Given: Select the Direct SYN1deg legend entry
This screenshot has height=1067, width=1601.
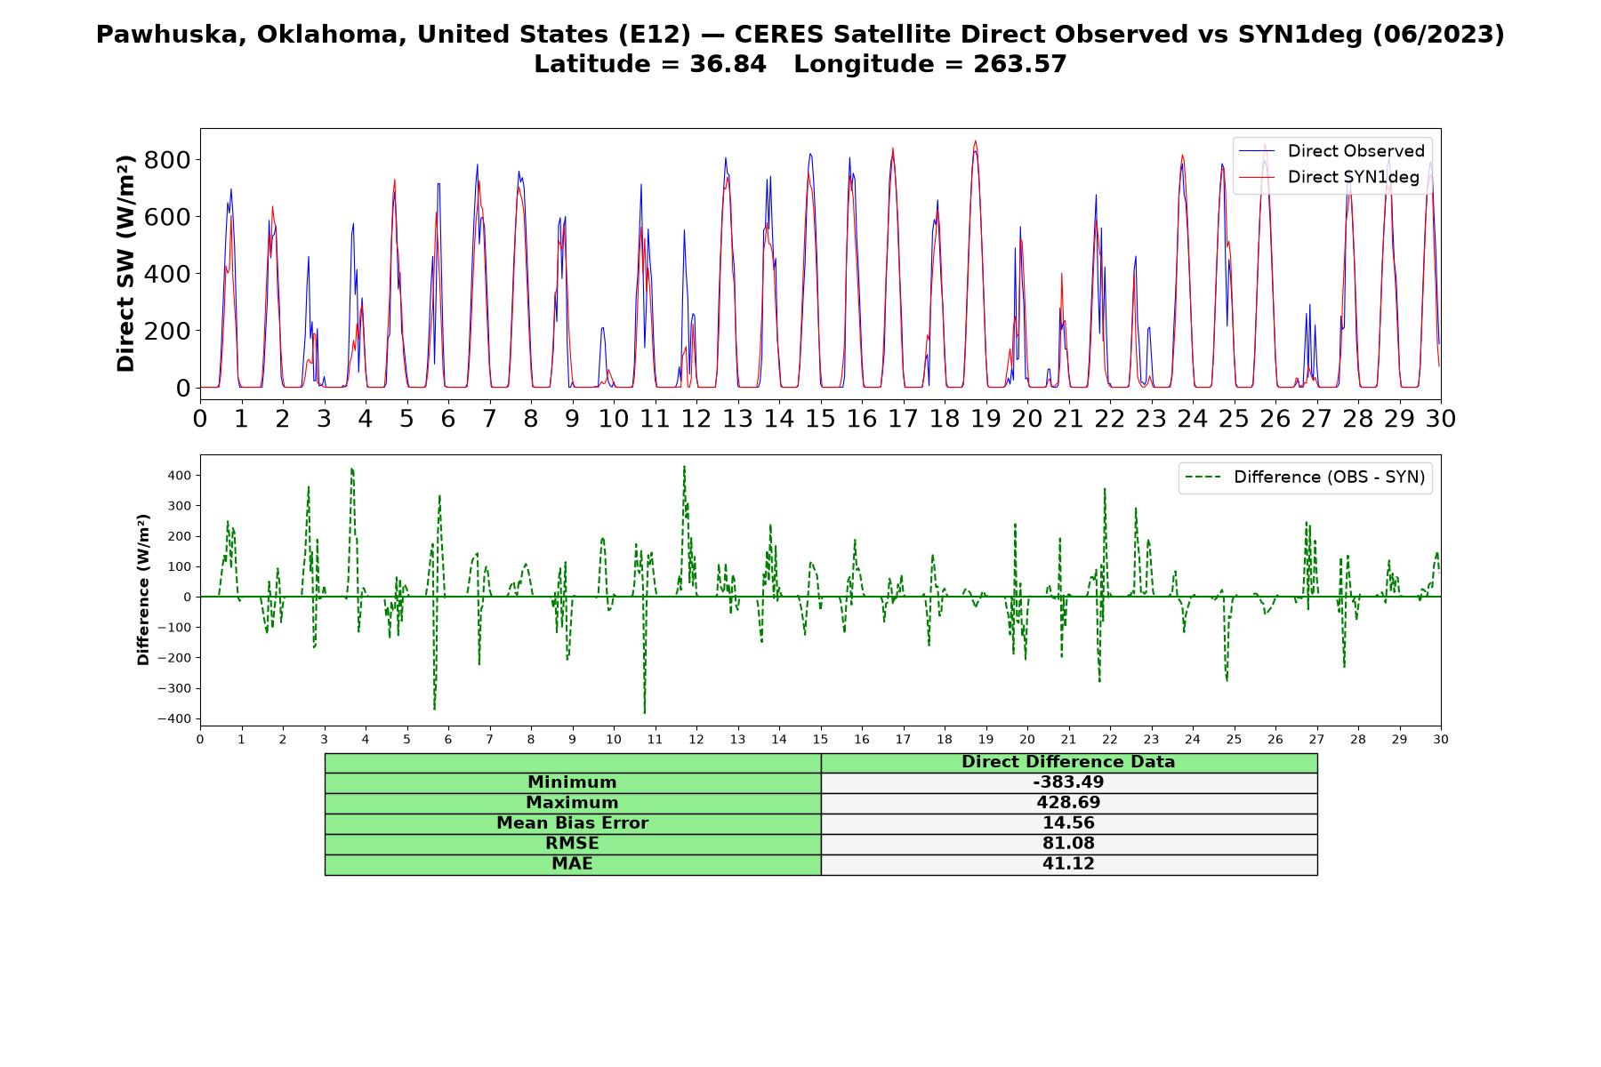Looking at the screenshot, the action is point(1329,177).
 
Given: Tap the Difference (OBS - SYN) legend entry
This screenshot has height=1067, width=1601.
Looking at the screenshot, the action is point(1306,477).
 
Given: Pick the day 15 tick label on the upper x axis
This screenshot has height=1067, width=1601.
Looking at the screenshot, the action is point(820,418).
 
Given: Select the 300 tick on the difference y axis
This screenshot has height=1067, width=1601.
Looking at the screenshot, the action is point(180,506).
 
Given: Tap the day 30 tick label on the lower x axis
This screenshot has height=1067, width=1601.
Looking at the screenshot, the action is point(1441,740).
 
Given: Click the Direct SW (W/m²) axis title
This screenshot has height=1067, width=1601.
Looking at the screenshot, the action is point(125,263).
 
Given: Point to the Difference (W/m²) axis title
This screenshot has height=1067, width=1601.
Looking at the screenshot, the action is point(143,590).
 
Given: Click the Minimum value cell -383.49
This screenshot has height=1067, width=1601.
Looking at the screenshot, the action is point(1068,782).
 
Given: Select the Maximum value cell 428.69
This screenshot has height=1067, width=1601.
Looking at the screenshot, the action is point(1068,803).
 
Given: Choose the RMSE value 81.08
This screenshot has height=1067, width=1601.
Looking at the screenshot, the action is point(1068,844).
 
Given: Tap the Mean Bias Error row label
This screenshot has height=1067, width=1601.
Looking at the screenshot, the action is point(572,823).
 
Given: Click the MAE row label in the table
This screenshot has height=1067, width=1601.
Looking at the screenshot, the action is point(572,864).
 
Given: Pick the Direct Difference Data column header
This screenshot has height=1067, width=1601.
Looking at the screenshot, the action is point(1068,762).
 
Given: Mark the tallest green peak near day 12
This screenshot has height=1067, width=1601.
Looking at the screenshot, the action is point(684,467).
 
